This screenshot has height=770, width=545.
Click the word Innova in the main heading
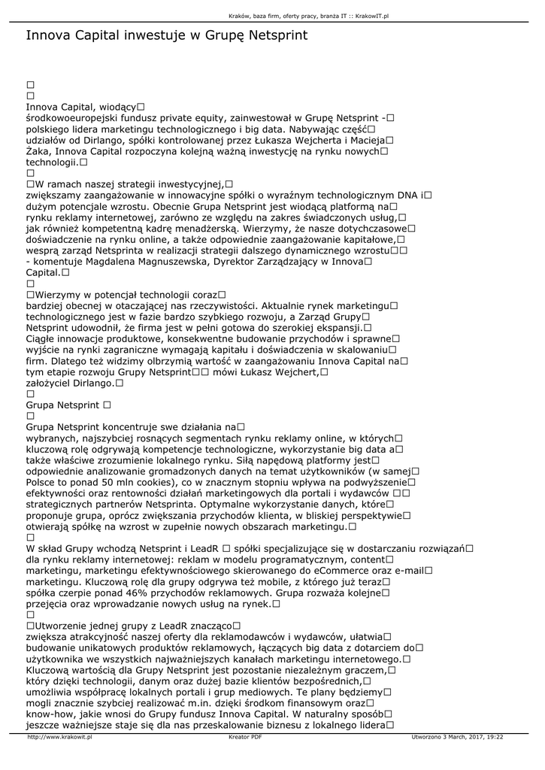(48, 35)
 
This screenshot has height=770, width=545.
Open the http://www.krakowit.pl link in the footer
(59, 738)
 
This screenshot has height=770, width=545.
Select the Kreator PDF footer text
(245, 738)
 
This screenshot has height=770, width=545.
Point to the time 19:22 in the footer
(493, 738)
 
